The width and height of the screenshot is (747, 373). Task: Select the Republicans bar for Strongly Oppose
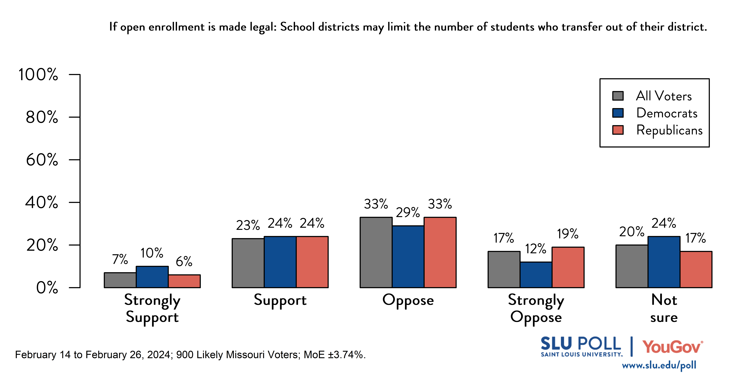pyautogui.click(x=568, y=267)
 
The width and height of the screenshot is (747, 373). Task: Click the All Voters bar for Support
pyautogui.click(x=248, y=263)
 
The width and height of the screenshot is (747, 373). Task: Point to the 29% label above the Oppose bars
pyautogui.click(x=408, y=213)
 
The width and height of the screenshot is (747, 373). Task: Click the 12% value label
pyautogui.click(x=536, y=249)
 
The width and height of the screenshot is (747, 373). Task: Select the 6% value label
pyautogui.click(x=184, y=262)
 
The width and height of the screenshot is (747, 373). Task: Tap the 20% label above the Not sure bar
pyautogui.click(x=632, y=232)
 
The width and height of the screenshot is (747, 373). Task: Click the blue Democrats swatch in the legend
pyautogui.click(x=618, y=113)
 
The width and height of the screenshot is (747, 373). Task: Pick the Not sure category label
pyautogui.click(x=664, y=308)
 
